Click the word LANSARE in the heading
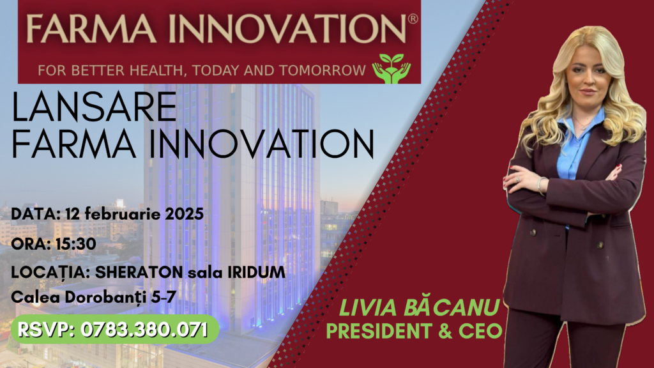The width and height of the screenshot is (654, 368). pos(95,107)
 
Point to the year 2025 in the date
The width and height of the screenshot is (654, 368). pos(185,214)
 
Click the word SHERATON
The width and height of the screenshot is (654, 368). pos(139,272)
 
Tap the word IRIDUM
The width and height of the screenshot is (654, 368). pos(257,272)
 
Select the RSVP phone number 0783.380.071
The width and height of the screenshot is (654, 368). pos(144,330)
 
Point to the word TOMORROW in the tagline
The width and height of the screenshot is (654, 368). pos(323,70)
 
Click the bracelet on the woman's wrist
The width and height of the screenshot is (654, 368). pos(541,185)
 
